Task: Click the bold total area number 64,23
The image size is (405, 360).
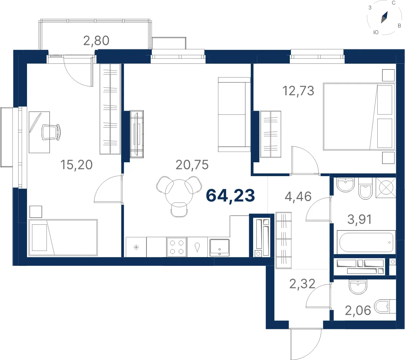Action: (230, 195)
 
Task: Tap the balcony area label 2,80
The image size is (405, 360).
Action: (96, 41)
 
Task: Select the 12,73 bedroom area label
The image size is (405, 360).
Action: (298, 91)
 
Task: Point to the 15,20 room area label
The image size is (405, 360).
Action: (76, 165)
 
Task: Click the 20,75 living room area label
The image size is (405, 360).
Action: (192, 165)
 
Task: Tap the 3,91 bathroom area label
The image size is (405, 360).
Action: (359, 219)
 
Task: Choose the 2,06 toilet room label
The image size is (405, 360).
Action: (358, 310)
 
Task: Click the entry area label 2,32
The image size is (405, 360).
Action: (302, 284)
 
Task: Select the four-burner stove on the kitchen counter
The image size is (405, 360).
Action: (177, 247)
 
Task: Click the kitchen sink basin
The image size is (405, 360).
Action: (219, 248)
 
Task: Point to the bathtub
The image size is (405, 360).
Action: (366, 242)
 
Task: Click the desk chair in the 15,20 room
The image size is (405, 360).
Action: (51, 132)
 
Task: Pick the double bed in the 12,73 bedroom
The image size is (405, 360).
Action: (359, 117)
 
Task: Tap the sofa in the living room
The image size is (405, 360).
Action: (234, 114)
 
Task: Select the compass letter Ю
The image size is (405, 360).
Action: (376, 32)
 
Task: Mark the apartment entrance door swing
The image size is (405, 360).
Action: (305, 344)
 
